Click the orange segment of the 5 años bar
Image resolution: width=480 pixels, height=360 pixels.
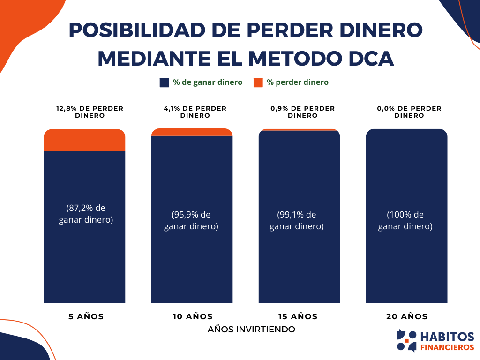(x=84, y=140)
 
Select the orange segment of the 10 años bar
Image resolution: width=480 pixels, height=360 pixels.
(x=192, y=132)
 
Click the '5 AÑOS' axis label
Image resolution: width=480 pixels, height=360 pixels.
(x=86, y=316)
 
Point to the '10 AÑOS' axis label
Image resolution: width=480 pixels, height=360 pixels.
(x=192, y=316)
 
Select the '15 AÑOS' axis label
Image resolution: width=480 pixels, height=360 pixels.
(x=298, y=316)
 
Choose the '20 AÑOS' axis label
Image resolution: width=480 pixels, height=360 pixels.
(x=407, y=316)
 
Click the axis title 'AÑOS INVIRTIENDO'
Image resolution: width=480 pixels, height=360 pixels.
(x=251, y=330)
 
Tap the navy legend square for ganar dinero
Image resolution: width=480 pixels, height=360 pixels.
(x=164, y=82)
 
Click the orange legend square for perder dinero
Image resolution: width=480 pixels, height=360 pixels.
(x=258, y=82)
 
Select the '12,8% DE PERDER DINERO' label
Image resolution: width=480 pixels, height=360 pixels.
(x=90, y=112)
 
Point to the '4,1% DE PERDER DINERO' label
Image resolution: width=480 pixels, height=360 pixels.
(x=195, y=112)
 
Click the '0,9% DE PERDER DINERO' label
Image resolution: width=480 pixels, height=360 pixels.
(x=302, y=112)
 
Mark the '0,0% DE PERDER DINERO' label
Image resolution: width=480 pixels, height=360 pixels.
(x=409, y=112)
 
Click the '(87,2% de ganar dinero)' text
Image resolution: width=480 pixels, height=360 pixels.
(x=86, y=214)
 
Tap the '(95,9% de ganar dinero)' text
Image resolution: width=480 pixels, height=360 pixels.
(x=191, y=220)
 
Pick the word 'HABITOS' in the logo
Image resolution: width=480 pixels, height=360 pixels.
(x=447, y=337)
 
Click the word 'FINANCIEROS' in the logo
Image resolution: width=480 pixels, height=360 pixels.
(x=447, y=347)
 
